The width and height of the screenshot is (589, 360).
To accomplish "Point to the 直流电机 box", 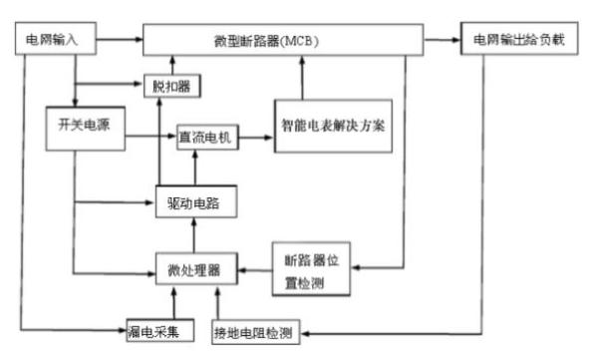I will [x=204, y=138].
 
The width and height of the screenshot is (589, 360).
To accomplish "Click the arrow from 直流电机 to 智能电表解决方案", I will [x=254, y=138].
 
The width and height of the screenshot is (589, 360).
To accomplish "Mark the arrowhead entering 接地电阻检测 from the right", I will [x=305, y=328].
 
